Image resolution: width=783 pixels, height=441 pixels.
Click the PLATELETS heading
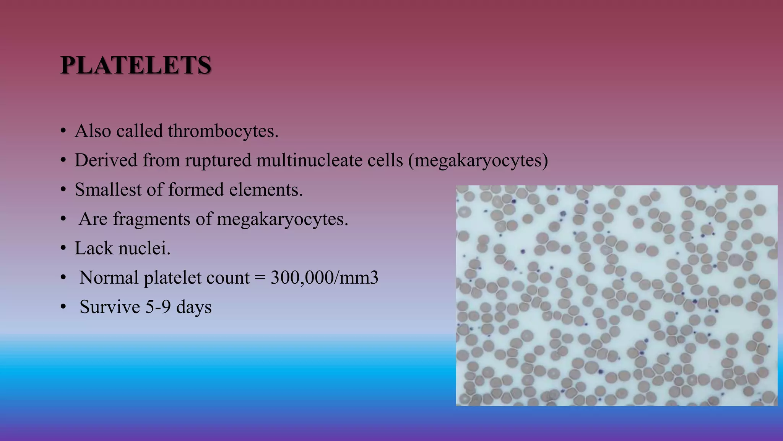(136, 65)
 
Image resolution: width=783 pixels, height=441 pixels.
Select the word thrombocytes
(223, 131)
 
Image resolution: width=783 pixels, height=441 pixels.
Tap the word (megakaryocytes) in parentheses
(478, 160)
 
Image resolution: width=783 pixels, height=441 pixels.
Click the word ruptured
(218, 160)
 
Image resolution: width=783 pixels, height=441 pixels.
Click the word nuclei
(145, 248)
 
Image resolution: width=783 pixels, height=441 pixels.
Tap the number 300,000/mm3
(324, 278)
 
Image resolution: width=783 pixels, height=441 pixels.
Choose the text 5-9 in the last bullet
(158, 307)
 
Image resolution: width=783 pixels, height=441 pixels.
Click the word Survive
(110, 307)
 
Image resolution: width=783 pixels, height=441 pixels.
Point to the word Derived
(106, 160)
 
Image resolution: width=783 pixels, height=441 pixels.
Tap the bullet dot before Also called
(63, 131)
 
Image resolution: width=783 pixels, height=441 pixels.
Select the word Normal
(109, 278)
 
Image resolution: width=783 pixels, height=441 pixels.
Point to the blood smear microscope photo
(616, 296)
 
